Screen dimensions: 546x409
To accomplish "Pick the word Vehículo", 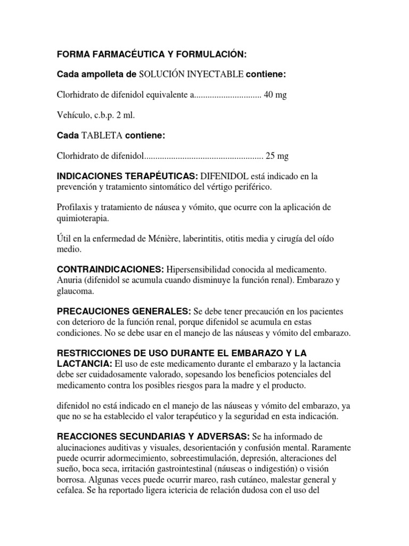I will point(72,116).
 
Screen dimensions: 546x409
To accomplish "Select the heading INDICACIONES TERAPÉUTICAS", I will point(127,176).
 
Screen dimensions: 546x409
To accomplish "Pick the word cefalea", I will point(70,489).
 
